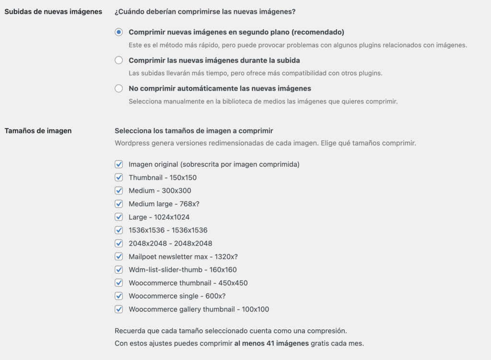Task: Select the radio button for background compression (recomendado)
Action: (119, 33)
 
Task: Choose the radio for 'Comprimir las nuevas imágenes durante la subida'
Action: (119, 60)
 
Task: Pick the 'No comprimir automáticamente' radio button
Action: (119, 89)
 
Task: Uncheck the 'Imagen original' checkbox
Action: (119, 164)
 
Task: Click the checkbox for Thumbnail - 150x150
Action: (119, 178)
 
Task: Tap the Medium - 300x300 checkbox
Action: (119, 191)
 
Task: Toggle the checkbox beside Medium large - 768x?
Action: (119, 204)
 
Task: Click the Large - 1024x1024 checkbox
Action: (119, 217)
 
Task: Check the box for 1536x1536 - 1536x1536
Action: (119, 230)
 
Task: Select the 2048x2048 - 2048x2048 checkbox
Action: (119, 244)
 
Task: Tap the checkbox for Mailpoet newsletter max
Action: (119, 256)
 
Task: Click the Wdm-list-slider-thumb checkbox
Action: (119, 270)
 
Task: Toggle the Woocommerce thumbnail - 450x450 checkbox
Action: (119, 283)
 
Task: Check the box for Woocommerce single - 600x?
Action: (119, 296)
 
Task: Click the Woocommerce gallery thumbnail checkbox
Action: (119, 309)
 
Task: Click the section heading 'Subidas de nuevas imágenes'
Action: (53, 12)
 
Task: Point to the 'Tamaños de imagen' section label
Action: (38, 130)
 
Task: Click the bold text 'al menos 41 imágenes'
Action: (271, 343)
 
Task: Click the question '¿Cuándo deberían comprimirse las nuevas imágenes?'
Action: (205, 12)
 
